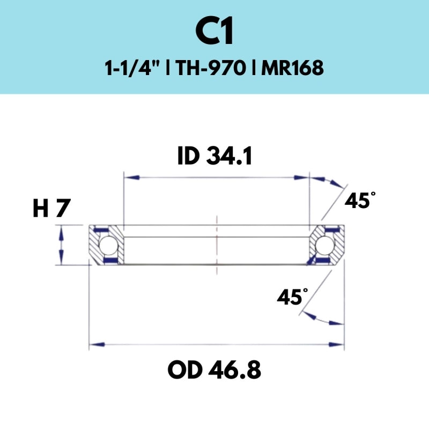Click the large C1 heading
pos(214,33)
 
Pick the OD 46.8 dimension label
pos(214,369)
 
